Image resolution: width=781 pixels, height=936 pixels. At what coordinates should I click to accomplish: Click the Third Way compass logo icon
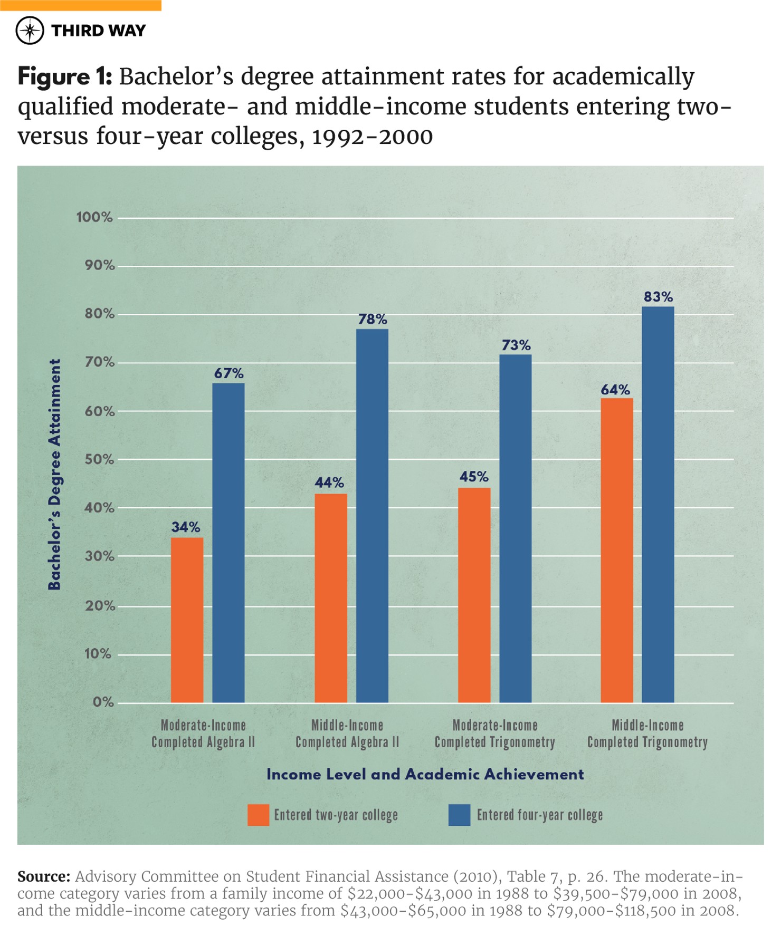[x=30, y=31]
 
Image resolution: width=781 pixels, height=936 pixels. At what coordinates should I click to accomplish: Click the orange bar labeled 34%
[x=187, y=620]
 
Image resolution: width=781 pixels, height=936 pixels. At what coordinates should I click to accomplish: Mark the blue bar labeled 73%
[x=515, y=528]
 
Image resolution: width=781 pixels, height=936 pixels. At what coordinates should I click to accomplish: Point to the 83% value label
[x=658, y=297]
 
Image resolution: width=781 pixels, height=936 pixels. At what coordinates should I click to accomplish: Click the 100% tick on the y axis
[x=94, y=217]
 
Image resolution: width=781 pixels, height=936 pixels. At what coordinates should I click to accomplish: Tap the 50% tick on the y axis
[x=99, y=459]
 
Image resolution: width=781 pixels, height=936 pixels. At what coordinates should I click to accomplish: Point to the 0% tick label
[x=103, y=702]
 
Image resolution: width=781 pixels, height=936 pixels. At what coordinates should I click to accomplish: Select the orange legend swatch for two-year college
[x=258, y=815]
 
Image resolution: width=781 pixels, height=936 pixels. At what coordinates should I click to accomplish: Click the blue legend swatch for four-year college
[x=459, y=815]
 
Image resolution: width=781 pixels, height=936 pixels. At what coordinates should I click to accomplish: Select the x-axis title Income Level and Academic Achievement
[x=425, y=774]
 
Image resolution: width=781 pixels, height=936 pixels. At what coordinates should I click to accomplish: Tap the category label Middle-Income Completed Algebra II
[x=347, y=734]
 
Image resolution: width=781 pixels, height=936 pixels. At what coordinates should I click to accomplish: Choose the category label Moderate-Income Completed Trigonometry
[x=494, y=734]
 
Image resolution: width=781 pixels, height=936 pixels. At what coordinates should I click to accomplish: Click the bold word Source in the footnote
[x=43, y=876]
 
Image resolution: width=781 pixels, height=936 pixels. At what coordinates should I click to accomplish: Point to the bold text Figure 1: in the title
[x=64, y=77]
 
